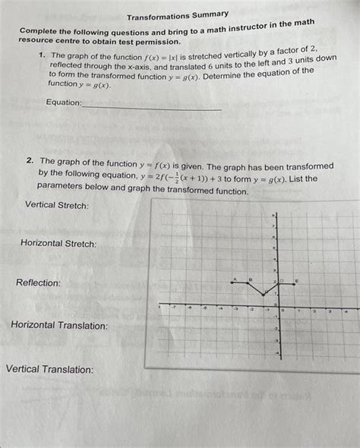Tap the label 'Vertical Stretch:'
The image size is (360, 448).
point(57,205)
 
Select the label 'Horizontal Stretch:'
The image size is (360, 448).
point(58,244)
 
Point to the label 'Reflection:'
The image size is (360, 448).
point(38,282)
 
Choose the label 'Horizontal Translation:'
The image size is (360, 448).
point(59,326)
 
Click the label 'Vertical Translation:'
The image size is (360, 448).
point(50,370)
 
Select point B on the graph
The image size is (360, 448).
point(250,282)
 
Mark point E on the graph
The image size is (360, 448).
point(296,282)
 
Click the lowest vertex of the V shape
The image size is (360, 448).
point(264,295)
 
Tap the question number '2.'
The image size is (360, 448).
point(29,162)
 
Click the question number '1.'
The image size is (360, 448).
point(44,57)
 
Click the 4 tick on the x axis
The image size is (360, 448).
point(346,311)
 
